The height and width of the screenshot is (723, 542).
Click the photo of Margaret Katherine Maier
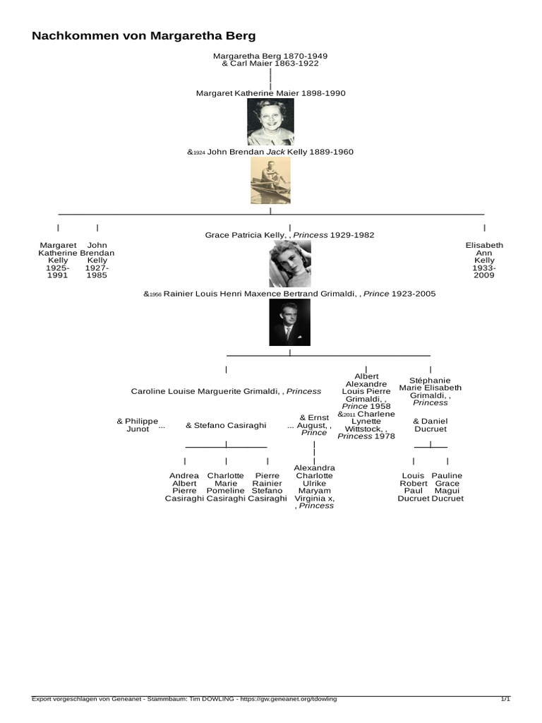point(270,121)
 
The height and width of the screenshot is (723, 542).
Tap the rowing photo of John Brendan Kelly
point(270,181)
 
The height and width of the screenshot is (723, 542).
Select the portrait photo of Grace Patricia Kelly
point(289,263)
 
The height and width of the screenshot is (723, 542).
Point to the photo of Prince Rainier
point(289,323)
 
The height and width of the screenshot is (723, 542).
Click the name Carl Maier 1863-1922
point(270,64)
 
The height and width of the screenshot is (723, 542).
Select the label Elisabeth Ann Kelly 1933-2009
point(484,260)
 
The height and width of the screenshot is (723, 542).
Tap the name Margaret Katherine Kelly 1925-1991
point(58,260)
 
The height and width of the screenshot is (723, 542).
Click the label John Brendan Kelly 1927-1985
point(97,260)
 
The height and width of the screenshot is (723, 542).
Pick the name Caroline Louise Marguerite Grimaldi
point(226,391)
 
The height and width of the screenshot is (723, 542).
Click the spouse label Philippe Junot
point(137,424)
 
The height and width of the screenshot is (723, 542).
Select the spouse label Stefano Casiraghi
point(226,426)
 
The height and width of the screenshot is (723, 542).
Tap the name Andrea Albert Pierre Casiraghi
point(184,487)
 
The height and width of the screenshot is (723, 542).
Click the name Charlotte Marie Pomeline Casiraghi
point(226,487)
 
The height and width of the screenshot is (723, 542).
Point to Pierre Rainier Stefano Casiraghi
point(267,487)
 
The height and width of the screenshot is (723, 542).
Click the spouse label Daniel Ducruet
point(430,424)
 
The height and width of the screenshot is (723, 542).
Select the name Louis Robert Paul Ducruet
point(414,487)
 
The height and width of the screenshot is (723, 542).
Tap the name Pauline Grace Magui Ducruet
point(447,487)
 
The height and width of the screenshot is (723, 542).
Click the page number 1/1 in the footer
point(505,699)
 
